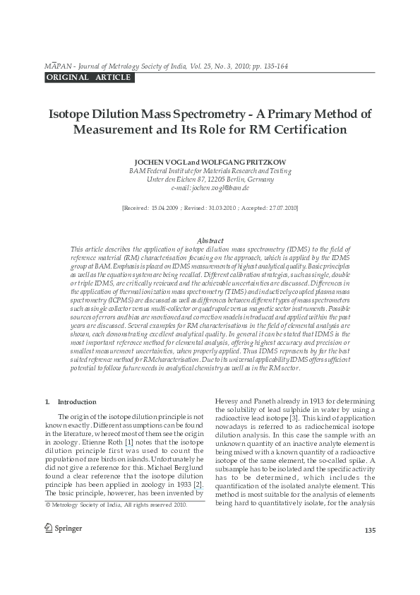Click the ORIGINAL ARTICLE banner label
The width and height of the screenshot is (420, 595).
coord(88,77)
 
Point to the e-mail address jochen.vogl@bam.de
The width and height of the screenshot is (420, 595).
coord(210,189)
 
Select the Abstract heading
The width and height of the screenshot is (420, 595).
coord(210,241)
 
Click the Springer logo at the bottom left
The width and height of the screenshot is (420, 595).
coord(64,528)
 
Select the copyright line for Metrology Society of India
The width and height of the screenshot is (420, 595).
coord(116,505)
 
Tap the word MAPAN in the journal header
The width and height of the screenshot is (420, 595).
coord(56,66)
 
